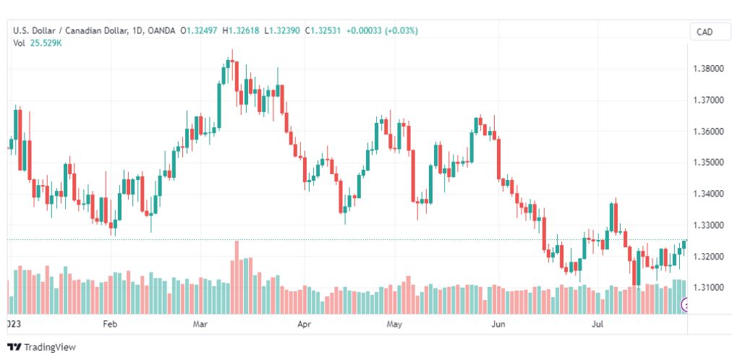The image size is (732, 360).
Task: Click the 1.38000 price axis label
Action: [707, 69]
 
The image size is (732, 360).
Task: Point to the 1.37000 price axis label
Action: [707, 100]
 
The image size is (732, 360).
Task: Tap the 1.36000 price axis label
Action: [707, 132]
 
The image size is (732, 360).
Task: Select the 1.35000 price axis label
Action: [707, 163]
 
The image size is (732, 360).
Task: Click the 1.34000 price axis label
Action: [707, 194]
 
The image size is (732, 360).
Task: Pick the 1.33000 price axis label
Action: [707, 226]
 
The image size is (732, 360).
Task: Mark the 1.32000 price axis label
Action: [707, 257]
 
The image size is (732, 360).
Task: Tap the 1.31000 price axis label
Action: [707, 288]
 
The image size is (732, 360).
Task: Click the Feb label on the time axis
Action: [110, 325]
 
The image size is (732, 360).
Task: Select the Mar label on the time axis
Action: [200, 325]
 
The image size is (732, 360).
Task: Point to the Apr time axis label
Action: [305, 325]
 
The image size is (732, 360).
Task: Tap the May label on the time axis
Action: [393, 325]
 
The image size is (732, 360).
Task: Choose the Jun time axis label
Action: [498, 325]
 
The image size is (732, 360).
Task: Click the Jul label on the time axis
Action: [597, 325]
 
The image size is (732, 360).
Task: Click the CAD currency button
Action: [704, 32]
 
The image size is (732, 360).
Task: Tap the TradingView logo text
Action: [50, 348]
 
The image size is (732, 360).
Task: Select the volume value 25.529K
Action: [46, 43]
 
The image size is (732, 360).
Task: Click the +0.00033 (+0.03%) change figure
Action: [382, 30]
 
